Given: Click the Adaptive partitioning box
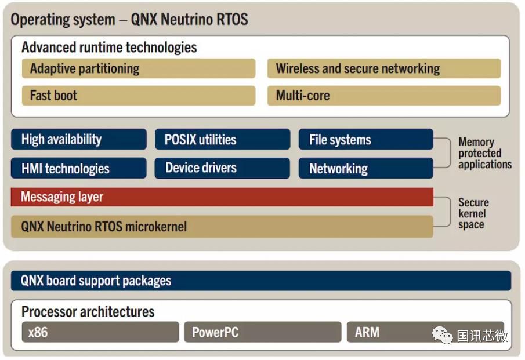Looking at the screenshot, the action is click(139, 68).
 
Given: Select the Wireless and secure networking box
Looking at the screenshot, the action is click(384, 68).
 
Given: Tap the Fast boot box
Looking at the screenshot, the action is click(139, 95).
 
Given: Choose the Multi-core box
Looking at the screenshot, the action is click(384, 95).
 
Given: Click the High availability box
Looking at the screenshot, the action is click(79, 139).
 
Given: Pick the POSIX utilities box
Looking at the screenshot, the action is click(222, 139).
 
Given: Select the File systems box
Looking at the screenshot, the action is click(366, 139).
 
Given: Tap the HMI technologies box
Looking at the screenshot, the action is click(79, 168).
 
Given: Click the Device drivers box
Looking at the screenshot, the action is click(222, 168).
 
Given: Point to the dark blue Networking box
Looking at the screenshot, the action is click(366, 168).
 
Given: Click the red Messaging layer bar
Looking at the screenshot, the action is click(222, 197).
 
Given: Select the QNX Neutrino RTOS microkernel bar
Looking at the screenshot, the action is click(222, 227).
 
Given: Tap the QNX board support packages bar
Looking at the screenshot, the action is click(261, 281).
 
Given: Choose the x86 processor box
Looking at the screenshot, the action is click(100, 332).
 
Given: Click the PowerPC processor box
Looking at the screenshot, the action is click(263, 332).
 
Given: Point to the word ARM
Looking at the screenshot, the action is click(367, 332).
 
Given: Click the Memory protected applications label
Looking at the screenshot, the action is click(485, 153).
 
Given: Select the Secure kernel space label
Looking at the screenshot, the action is click(473, 213).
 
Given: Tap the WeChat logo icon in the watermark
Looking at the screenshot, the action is click(442, 335).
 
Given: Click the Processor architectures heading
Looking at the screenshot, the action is click(88, 311).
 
